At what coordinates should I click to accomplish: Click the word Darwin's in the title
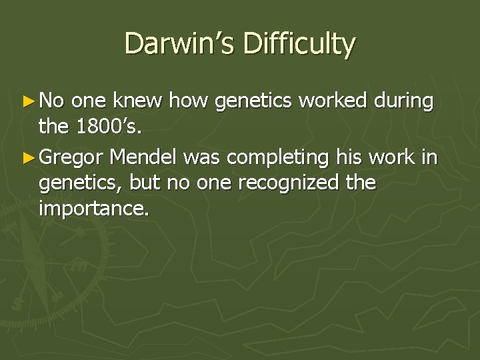pyautogui.click(x=177, y=44)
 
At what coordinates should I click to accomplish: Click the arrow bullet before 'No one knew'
pyautogui.click(x=30, y=101)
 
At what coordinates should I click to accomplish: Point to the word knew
pyautogui.click(x=139, y=101)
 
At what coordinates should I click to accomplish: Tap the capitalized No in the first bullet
pyautogui.click(x=52, y=101)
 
